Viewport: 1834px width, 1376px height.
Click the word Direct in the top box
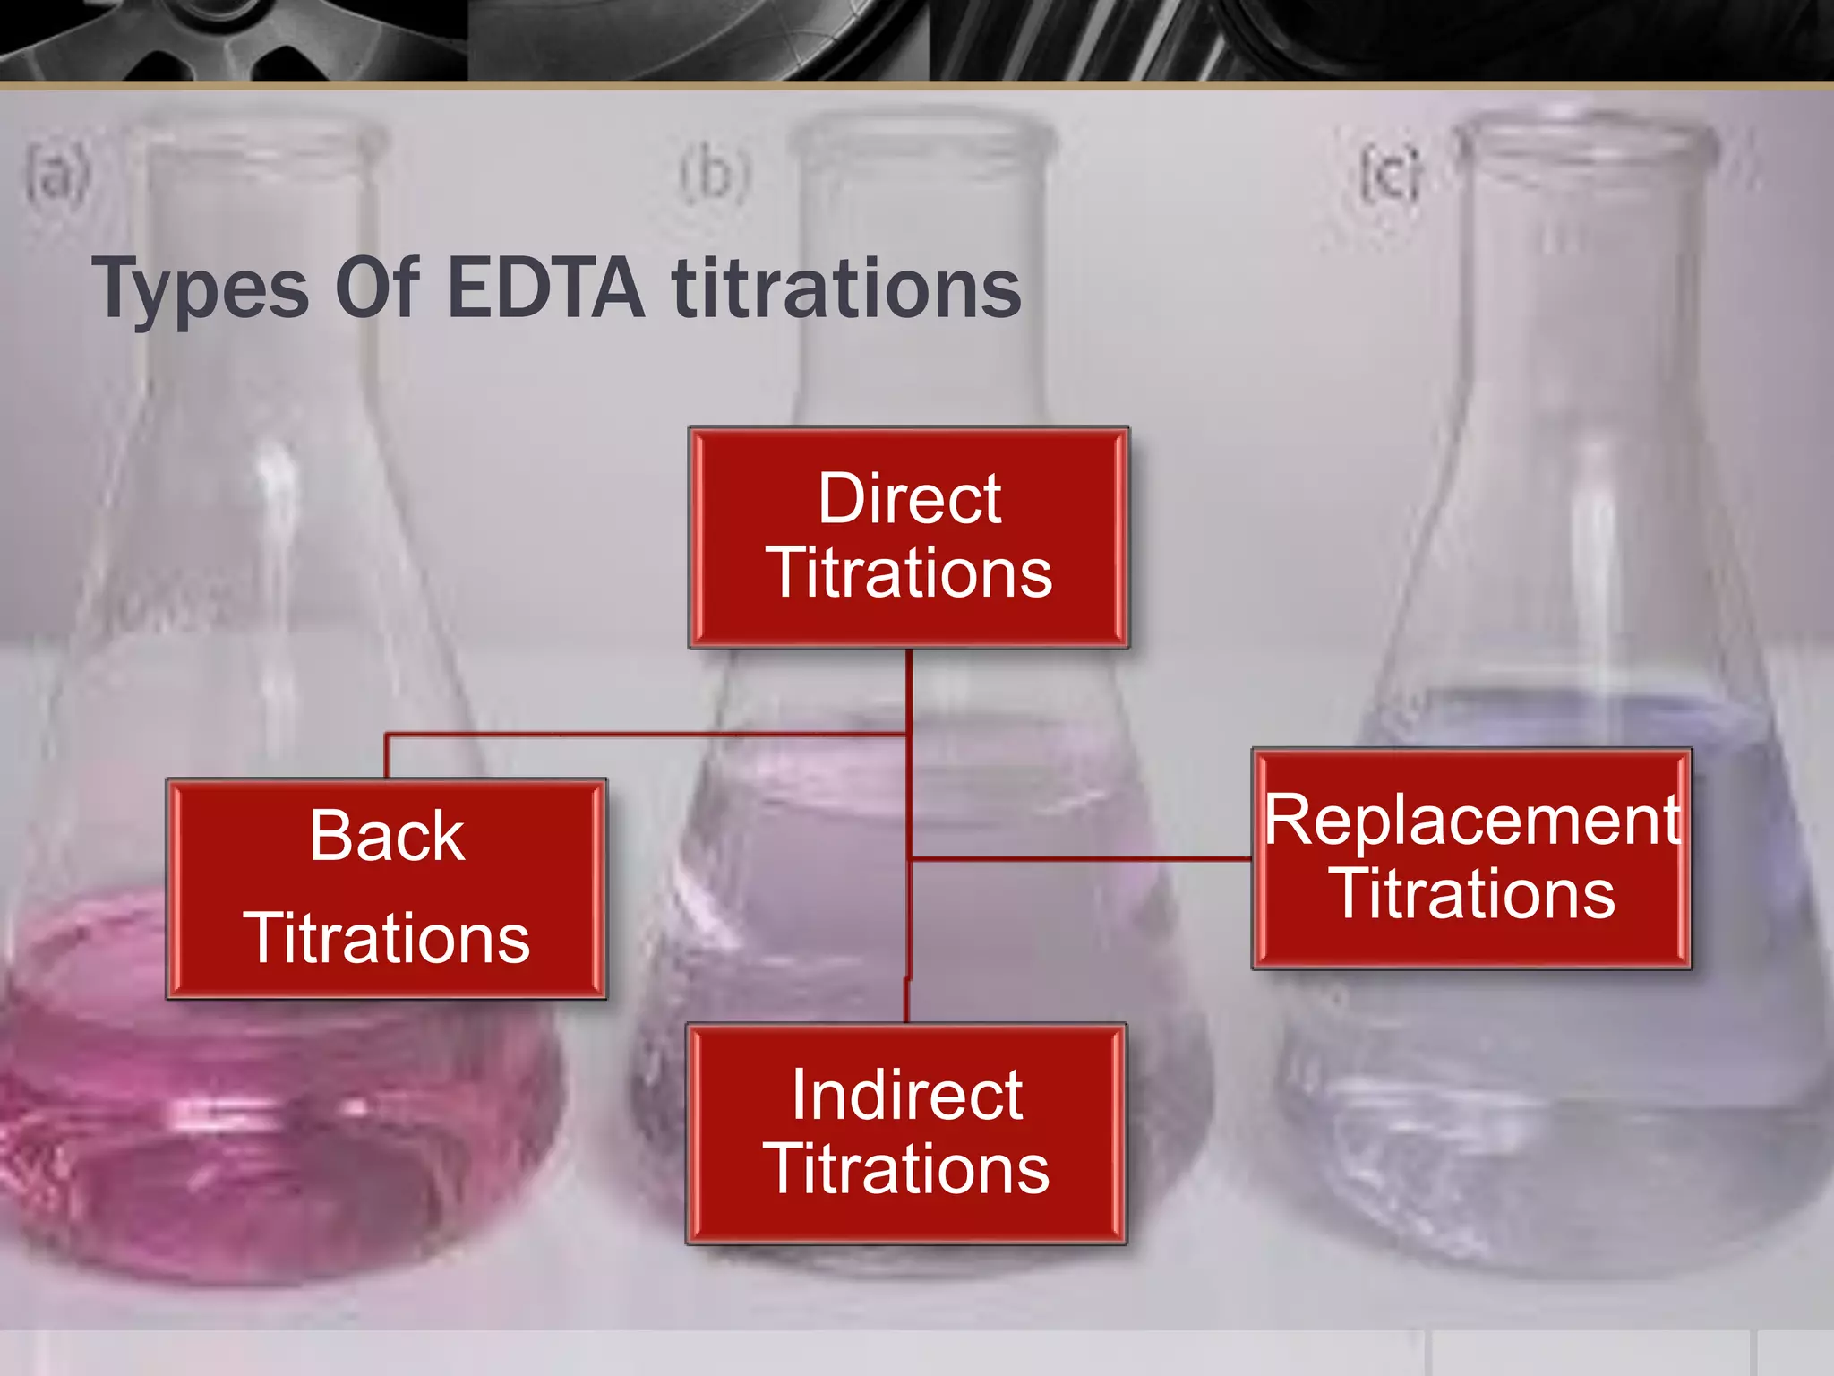pos(909,499)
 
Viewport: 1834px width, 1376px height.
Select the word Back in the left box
pos(387,836)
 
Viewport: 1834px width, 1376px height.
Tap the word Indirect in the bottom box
pos(906,1095)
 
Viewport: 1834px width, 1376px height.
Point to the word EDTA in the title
pos(545,288)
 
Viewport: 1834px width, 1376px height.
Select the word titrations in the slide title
pos(846,288)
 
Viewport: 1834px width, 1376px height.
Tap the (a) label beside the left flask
pos(56,176)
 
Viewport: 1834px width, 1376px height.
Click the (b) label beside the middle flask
pos(714,174)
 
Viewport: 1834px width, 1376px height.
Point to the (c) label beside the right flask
pos(1391,174)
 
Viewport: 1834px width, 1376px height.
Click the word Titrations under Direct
pos(909,573)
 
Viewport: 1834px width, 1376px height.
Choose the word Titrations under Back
pos(387,938)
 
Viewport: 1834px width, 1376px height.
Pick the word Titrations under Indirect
pos(906,1169)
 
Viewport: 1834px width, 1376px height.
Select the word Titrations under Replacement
pos(1475,894)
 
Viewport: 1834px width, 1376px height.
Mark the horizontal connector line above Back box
pos(645,735)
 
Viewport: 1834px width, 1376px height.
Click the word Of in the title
pos(376,288)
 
